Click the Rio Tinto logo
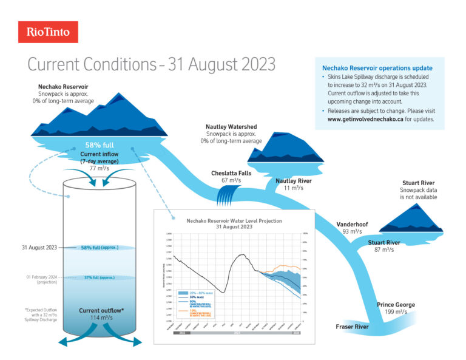click(x=48, y=32)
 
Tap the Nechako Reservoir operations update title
click(x=377, y=68)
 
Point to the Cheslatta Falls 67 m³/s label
click(x=231, y=177)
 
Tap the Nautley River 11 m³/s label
click(x=294, y=184)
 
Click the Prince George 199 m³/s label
click(x=396, y=308)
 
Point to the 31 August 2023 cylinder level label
click(x=39, y=248)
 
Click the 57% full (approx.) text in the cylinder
click(x=101, y=278)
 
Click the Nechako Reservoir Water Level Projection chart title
click(x=234, y=223)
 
